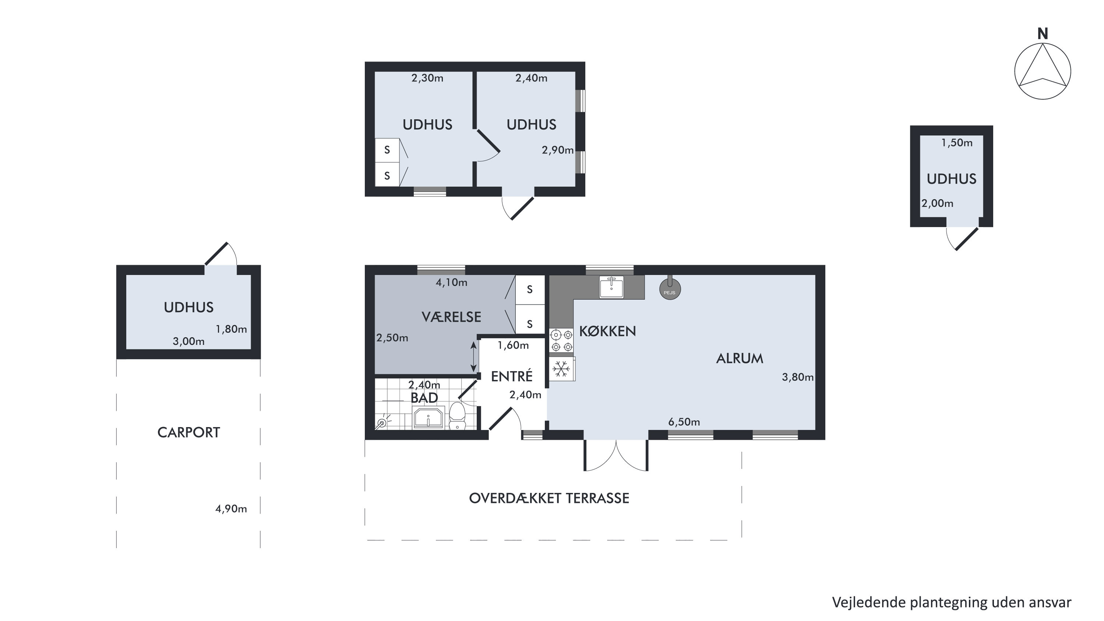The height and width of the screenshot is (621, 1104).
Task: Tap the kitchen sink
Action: click(611, 287)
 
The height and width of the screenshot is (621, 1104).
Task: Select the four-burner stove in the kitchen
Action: click(561, 340)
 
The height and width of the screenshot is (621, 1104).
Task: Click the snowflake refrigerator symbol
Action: click(561, 369)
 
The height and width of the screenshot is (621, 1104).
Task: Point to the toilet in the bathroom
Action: click(457, 415)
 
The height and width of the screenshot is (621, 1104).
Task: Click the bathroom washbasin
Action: click(428, 418)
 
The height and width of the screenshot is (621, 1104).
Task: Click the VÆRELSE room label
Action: click(451, 317)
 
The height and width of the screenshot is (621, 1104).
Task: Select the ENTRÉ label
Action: click(512, 376)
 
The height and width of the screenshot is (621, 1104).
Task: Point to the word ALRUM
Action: click(740, 358)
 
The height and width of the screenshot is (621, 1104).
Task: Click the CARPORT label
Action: click(188, 433)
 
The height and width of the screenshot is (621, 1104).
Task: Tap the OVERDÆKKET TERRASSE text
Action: click(549, 498)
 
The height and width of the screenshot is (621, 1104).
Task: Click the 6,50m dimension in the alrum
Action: click(684, 422)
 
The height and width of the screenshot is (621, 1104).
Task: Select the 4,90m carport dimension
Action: click(231, 509)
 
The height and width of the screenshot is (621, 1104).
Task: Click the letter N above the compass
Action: click(1043, 34)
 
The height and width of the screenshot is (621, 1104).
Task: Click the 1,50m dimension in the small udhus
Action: click(957, 143)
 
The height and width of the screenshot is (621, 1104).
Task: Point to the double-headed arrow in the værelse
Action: click(473, 357)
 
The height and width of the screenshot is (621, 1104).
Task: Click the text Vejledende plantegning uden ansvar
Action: click(952, 602)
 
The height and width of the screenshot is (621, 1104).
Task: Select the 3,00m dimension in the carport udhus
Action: click(188, 341)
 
